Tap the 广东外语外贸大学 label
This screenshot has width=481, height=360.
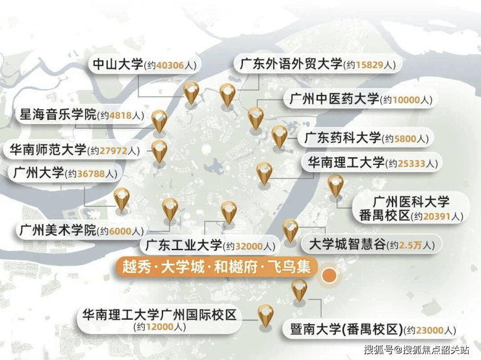click(x=318, y=64)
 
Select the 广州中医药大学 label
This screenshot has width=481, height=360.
click(x=359, y=99)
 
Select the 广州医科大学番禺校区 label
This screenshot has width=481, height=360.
click(x=410, y=208)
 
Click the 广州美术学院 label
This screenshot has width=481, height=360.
click(x=81, y=230)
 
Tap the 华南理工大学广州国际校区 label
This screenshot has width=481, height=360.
click(x=158, y=321)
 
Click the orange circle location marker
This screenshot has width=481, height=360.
click(x=330, y=275)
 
